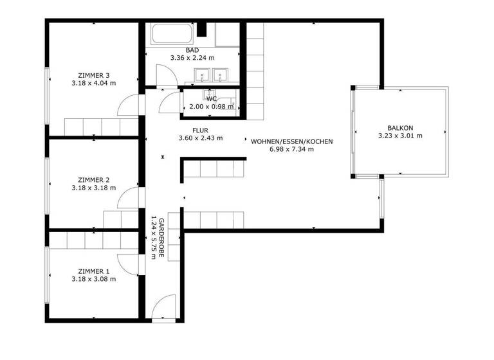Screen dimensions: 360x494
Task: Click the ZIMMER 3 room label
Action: click(94, 75)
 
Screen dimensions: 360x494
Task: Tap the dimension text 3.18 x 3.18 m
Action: click(94, 188)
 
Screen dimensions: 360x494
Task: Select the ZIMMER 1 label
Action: click(94, 271)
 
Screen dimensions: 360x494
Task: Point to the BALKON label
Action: click(400, 127)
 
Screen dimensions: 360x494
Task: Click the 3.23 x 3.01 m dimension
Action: click(400, 136)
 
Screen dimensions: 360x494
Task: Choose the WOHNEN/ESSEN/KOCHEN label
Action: click(291, 141)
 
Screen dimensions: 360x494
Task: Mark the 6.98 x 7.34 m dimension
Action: click(291, 149)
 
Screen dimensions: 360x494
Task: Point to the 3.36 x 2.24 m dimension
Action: click(192, 58)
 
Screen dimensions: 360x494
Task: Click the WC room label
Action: click(211, 98)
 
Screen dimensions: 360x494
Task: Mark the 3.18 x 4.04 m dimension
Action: click(94, 83)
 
